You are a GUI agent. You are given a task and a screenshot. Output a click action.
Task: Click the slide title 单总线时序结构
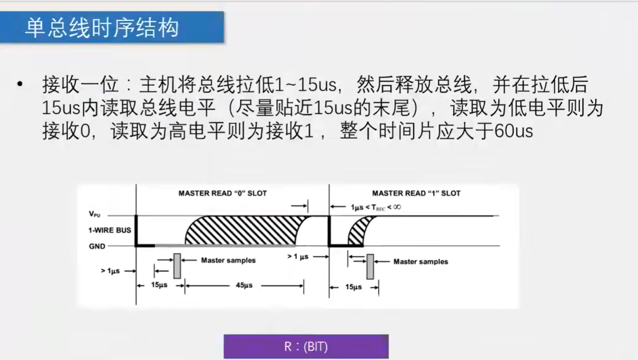click(102, 28)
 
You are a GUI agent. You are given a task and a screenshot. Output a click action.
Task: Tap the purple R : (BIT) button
click(306, 347)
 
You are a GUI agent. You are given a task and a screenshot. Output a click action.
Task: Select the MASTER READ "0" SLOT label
click(222, 193)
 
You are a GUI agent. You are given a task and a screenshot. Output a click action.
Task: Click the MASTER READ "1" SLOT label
click(416, 193)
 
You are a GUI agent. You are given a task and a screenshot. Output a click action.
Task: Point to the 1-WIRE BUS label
click(110, 230)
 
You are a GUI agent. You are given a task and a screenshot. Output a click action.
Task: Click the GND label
click(97, 246)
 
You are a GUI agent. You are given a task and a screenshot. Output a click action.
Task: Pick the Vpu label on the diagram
click(95, 214)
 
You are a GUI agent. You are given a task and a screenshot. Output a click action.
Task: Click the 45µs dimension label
click(244, 285)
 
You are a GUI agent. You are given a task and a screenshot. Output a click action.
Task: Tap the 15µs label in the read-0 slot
click(159, 285)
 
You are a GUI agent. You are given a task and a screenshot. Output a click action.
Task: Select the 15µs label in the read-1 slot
click(353, 287)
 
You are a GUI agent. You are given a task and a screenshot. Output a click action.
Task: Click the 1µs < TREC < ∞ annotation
click(376, 207)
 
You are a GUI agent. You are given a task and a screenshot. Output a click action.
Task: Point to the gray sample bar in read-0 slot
click(177, 266)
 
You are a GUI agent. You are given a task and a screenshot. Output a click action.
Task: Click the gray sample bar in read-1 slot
click(370, 266)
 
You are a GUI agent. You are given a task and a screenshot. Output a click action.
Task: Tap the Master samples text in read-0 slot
click(228, 260)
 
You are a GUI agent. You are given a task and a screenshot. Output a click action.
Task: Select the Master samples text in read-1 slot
click(420, 262)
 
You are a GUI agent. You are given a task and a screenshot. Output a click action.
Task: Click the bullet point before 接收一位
click(20, 84)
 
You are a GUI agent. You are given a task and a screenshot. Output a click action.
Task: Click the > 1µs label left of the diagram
click(110, 271)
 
